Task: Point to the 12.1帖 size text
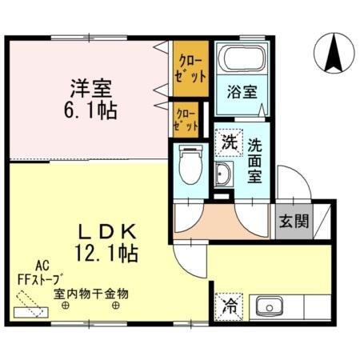point(108,254)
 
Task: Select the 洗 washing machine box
point(229,143)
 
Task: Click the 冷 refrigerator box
point(229,305)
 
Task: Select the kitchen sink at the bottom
point(268,306)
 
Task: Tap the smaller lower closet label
point(186,120)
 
